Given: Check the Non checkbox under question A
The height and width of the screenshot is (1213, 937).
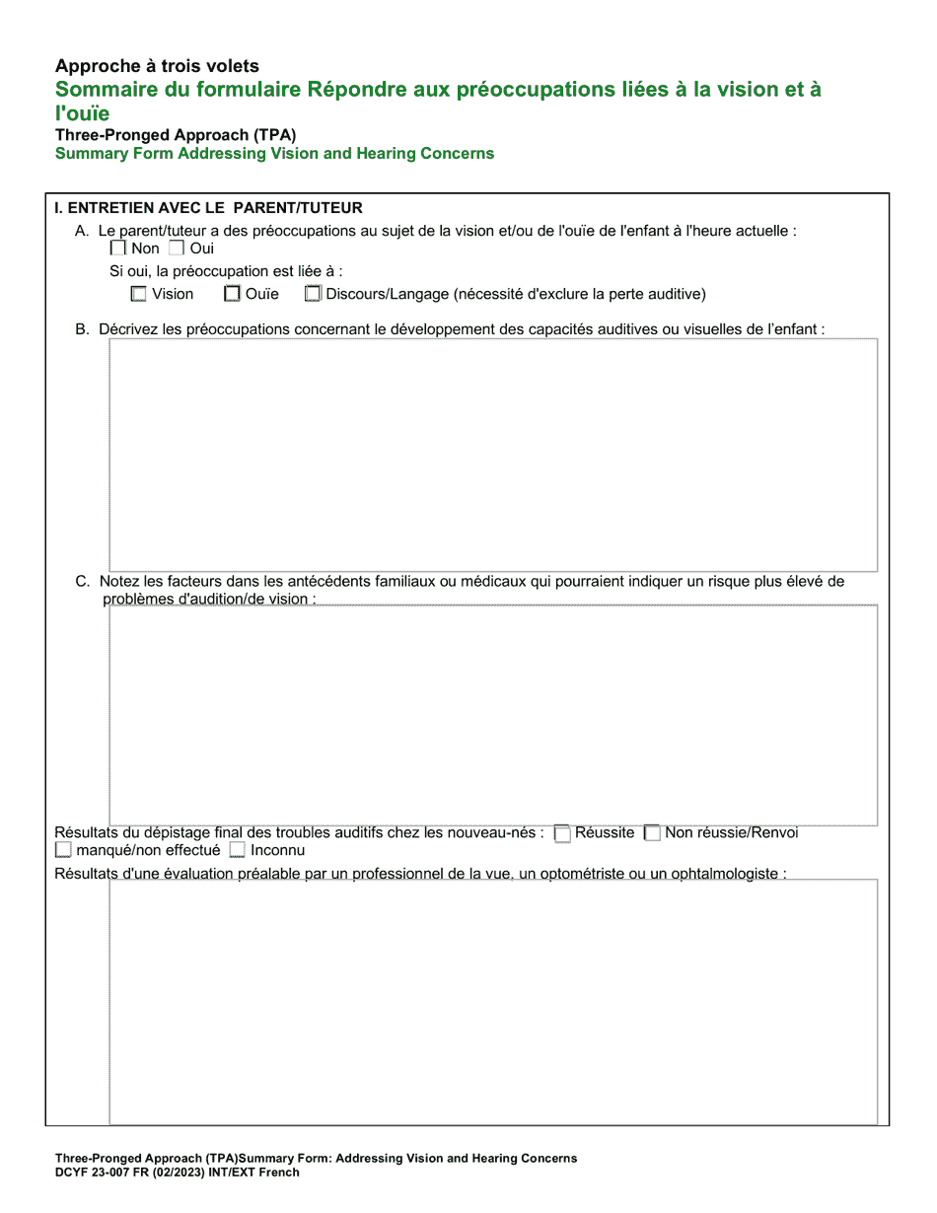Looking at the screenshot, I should pos(118,249).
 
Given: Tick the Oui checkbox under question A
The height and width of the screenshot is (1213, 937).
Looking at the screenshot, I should pos(177,249).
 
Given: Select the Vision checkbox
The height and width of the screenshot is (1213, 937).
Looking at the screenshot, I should pos(139,294).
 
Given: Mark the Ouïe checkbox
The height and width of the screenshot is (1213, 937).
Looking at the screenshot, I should pos(232,294).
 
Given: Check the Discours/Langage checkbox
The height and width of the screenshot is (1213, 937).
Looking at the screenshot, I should pos(313,294).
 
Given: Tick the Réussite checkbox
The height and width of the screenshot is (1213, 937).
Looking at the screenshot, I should pos(562,833).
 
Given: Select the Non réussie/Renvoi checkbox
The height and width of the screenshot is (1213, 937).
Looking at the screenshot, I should pos(652,833).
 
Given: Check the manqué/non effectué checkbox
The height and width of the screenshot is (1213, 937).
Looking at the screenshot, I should pos(63,850).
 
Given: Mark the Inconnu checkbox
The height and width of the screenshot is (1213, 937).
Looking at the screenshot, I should pos(237,850).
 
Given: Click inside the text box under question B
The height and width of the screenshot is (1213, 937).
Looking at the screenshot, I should pos(492,455).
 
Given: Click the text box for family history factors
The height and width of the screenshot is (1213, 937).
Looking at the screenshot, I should pos(492,715).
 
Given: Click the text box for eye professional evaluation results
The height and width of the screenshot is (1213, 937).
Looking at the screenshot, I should pos(492,1001).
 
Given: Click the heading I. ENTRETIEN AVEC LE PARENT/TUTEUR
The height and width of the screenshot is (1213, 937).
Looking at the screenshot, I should pos(209,208).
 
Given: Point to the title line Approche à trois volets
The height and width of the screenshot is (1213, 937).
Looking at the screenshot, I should pos(157,66).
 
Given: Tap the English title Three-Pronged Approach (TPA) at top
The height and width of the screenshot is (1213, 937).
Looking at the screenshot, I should pos(176,135).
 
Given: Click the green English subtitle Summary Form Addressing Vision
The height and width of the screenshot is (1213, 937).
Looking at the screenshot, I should pos(274,154).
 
